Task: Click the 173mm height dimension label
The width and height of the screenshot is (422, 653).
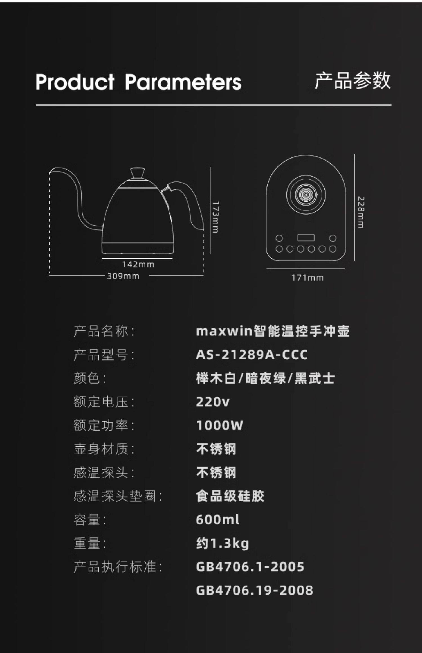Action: (x=216, y=217)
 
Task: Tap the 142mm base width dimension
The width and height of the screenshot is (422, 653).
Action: (x=138, y=264)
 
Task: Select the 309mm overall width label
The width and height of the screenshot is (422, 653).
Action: (x=123, y=276)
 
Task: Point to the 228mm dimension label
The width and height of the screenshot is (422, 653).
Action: (x=361, y=212)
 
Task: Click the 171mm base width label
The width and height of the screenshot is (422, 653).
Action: (x=307, y=278)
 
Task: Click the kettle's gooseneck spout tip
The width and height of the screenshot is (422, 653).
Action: (x=52, y=170)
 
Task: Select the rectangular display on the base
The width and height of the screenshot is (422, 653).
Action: (x=306, y=238)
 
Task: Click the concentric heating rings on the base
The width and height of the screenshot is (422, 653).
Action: (x=306, y=194)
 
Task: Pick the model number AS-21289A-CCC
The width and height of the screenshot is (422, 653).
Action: (x=252, y=355)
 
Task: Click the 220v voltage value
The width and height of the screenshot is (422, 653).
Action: (x=213, y=402)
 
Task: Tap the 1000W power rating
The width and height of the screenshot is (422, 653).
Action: (x=219, y=425)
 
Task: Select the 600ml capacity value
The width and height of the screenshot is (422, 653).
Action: (x=218, y=519)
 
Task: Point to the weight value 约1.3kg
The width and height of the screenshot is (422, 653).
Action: (x=223, y=543)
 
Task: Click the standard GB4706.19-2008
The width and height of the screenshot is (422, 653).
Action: (x=254, y=590)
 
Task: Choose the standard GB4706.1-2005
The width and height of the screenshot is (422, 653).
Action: (x=250, y=567)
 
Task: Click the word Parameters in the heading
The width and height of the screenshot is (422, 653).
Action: (x=183, y=82)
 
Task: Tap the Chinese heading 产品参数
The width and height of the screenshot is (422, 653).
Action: (x=353, y=81)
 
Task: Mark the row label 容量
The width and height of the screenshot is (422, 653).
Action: (x=87, y=520)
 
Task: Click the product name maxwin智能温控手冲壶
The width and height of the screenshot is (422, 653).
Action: (x=273, y=331)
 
